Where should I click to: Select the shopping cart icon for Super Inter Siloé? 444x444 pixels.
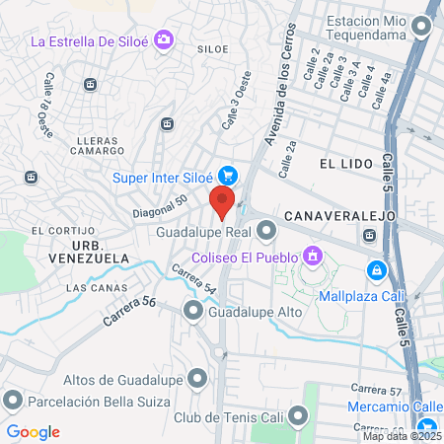(x=228, y=177)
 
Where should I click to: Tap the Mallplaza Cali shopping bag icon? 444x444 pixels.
(x=376, y=269)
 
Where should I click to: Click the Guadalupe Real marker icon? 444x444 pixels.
(x=267, y=233)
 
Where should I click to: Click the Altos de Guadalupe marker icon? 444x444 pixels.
(x=198, y=379)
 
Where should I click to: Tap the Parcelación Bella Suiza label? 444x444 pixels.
(x=99, y=402)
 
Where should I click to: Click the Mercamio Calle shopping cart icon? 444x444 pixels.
(x=427, y=406)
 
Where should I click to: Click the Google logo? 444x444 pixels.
(x=34, y=431)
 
